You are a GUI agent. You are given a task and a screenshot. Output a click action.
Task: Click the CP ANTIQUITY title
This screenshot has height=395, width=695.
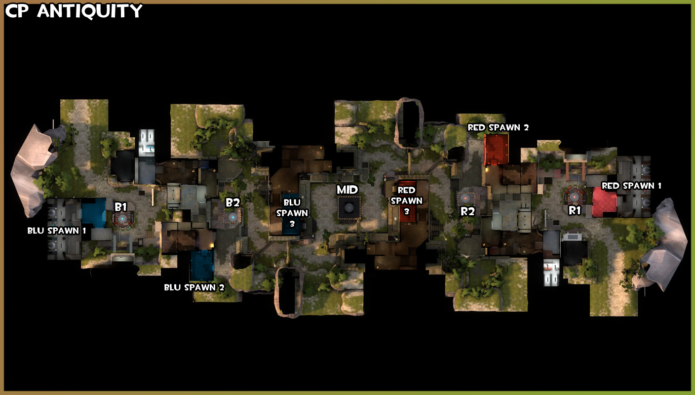point(74,11)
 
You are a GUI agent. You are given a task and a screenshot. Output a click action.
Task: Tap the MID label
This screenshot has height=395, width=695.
point(347,190)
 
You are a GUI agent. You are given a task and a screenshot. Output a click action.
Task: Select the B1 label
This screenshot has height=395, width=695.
point(121,207)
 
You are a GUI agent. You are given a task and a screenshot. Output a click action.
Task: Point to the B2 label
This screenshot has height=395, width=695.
point(232,203)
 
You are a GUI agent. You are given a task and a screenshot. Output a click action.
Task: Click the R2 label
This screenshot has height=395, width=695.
point(467,212)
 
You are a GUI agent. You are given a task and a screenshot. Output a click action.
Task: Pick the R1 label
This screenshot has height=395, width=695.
point(574,211)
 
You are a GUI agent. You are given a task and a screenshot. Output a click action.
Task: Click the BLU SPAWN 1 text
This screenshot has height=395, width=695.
point(57,231)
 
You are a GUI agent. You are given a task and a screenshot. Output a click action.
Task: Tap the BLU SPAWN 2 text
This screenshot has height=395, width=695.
point(194,288)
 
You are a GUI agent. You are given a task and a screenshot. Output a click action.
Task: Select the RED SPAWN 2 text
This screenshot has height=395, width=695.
point(498,127)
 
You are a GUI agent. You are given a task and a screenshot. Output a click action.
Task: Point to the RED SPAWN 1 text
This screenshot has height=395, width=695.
point(631,186)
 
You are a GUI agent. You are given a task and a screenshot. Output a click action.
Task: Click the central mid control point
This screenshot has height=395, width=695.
point(349,207)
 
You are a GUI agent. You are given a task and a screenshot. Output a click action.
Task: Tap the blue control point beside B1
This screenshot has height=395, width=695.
point(123,219)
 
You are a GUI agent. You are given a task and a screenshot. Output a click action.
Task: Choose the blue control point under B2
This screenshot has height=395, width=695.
point(232,217)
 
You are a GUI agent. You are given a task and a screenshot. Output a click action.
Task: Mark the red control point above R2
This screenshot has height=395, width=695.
point(465,198)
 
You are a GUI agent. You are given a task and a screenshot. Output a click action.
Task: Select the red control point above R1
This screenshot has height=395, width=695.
point(574,197)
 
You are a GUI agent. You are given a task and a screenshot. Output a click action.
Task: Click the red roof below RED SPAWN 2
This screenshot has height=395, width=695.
point(496,149)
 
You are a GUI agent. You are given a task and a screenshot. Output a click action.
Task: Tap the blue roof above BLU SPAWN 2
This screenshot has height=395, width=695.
point(202,266)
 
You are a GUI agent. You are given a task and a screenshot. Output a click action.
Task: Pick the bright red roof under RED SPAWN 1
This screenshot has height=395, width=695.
point(604,202)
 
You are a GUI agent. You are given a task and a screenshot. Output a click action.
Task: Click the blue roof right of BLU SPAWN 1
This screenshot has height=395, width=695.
point(94,213)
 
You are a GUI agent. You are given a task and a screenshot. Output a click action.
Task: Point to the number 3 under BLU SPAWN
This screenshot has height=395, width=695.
point(292,224)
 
